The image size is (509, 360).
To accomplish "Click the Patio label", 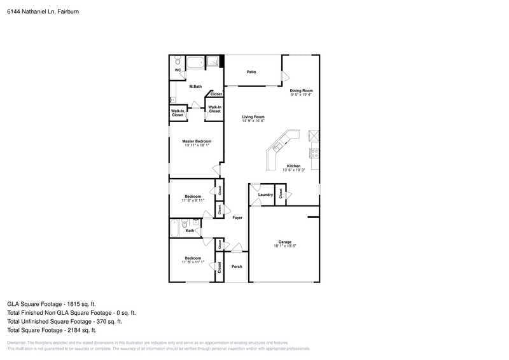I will pos(251,73).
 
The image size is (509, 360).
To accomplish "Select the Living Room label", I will pos(253,117).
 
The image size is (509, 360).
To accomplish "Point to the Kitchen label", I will pos(293,167).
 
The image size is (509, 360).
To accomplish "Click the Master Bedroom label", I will pos(197,141).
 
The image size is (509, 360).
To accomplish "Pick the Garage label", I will pos(284,242).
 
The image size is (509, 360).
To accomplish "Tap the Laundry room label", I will pos(265,195).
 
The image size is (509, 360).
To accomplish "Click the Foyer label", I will pos(237,218).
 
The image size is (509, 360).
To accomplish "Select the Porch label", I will pos(237,267).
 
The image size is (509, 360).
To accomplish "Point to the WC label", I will pos(178,71).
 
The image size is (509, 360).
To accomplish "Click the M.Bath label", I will pos(195,87).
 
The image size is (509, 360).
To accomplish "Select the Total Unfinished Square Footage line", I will pos(69,322).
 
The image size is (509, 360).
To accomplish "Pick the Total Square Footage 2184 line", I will pos(52,331).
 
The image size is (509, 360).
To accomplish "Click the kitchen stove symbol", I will pos(313,153).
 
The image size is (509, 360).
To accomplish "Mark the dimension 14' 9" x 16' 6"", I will pos(253,121).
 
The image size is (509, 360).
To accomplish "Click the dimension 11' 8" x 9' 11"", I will pos(193,200).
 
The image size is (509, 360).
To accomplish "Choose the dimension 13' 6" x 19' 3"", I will pos(293,170).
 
